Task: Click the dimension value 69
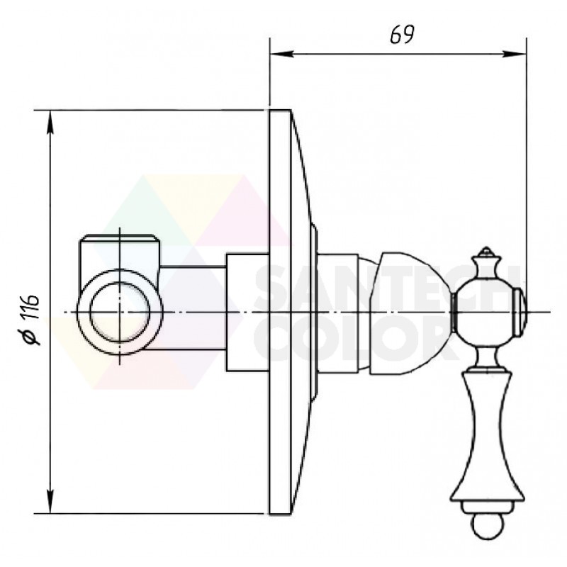click(402, 35)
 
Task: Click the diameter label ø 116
click(31, 320)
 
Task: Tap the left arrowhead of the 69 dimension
click(281, 55)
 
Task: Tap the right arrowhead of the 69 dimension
click(515, 55)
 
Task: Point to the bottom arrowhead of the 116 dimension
click(50, 501)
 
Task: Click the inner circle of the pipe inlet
click(120, 312)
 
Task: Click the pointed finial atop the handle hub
click(486, 254)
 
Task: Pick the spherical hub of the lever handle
click(483, 312)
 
